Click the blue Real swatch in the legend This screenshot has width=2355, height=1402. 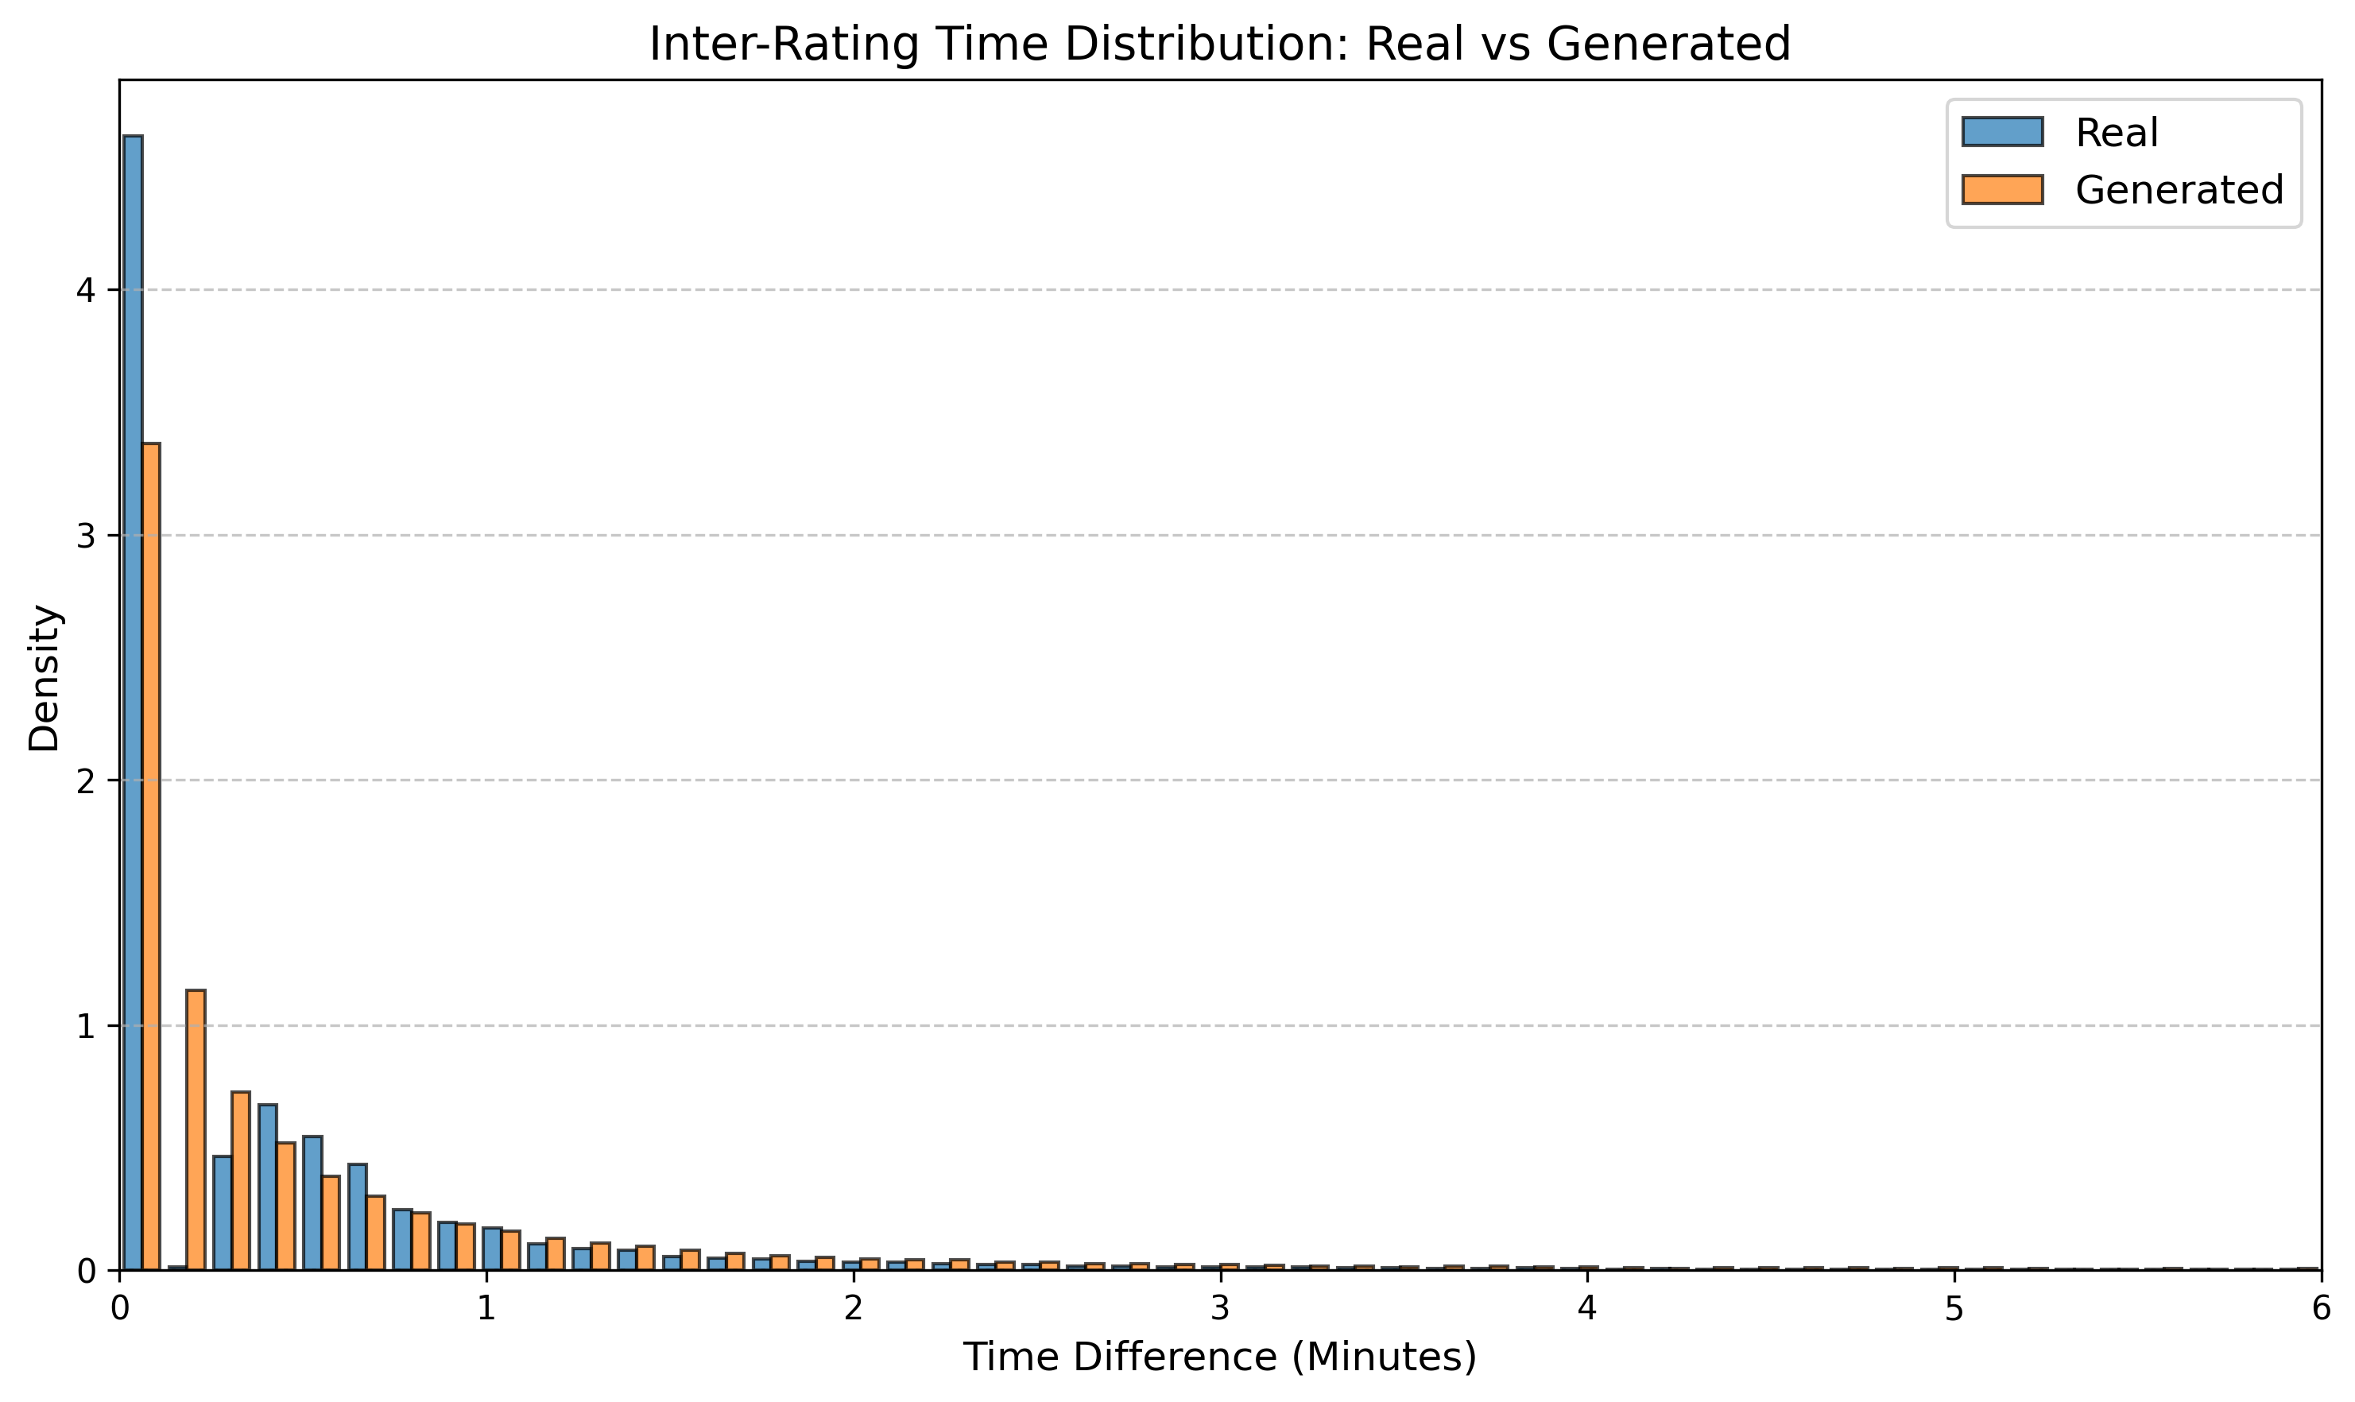tap(2001, 132)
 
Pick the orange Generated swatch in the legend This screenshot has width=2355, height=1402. tap(2001, 190)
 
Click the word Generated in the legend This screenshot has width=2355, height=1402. tap(2179, 190)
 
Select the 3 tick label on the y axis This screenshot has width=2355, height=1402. tap(86, 536)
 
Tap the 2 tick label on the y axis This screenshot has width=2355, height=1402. tap(86, 781)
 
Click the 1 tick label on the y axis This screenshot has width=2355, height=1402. tap(86, 1026)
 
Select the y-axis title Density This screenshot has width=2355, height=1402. tap(45, 677)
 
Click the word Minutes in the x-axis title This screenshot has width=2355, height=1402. tap(1384, 1357)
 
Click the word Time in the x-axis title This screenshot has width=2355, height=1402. tap(1001, 1357)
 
